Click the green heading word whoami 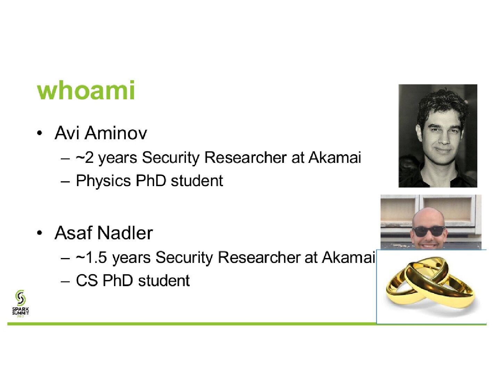(86, 90)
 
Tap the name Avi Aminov (101, 133)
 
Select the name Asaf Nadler (104, 233)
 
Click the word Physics (104, 181)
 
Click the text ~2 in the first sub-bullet (84, 157)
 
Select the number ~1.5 (91, 257)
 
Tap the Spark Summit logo (20, 304)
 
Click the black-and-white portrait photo (438, 136)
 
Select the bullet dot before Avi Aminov (40, 133)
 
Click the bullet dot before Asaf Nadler (40, 233)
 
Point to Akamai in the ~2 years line (335, 157)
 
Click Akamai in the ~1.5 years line (348, 257)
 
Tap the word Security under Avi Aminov (171, 158)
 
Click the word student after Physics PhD (197, 181)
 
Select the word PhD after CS (117, 280)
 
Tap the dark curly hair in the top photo (442, 105)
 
